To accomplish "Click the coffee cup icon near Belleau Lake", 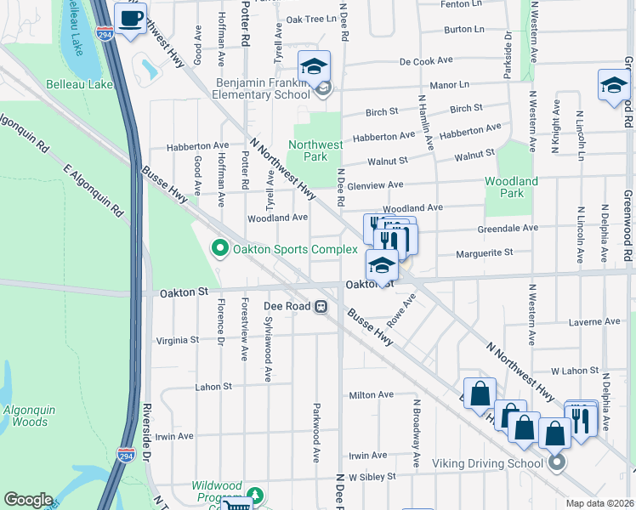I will click(x=130, y=20).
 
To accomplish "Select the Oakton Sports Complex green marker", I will click(x=219, y=248).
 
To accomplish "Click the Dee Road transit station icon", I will click(x=321, y=307).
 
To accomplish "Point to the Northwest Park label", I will click(x=315, y=150).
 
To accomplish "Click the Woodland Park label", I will click(x=511, y=187).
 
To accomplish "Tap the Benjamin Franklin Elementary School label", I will click(x=264, y=88).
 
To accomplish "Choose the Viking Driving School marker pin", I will click(x=556, y=463).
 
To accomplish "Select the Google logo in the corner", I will click(x=28, y=499).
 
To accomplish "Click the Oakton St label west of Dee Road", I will click(x=185, y=292).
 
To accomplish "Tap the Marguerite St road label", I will click(x=485, y=252).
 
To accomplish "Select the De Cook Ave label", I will click(x=429, y=61).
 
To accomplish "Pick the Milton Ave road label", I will click(x=372, y=394).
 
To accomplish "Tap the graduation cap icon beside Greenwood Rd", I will click(x=613, y=85).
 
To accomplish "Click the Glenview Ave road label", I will click(x=376, y=184).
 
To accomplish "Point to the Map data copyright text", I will click(x=599, y=503).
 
